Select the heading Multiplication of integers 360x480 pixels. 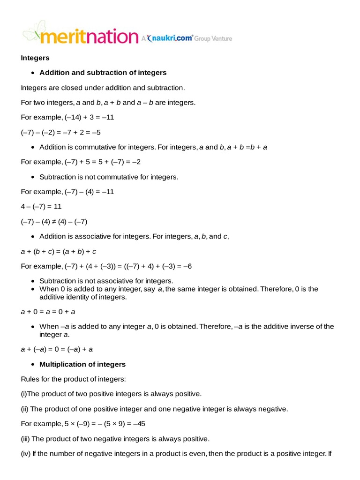[82, 364]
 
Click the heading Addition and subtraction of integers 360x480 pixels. [103, 73]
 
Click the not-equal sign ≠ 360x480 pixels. [53, 221]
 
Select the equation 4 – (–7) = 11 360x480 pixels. [41, 206]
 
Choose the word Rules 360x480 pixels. [30, 379]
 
